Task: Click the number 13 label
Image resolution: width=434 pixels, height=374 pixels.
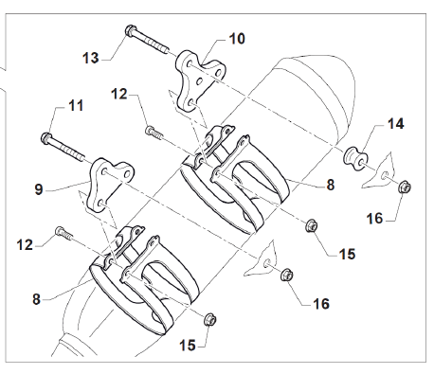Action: click(x=91, y=59)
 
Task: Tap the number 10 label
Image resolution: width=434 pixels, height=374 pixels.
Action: click(x=237, y=39)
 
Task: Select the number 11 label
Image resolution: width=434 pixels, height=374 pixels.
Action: click(x=76, y=106)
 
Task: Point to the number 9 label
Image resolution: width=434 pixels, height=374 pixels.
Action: click(x=39, y=189)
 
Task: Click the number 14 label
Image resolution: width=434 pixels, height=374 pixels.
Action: click(x=395, y=124)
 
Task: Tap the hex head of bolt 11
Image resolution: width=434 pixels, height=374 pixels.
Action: click(x=46, y=138)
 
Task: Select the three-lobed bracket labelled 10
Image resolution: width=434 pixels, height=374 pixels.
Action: click(x=198, y=81)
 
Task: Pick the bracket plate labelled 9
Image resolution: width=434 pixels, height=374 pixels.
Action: click(x=109, y=185)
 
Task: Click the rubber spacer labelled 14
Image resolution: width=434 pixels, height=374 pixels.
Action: click(x=355, y=158)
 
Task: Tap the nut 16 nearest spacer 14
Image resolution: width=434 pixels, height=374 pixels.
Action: click(x=405, y=187)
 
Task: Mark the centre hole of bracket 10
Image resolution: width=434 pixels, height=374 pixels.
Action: click(x=199, y=81)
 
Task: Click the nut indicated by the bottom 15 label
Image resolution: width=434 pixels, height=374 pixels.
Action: click(x=210, y=320)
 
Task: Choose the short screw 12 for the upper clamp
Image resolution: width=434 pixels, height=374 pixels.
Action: click(x=154, y=132)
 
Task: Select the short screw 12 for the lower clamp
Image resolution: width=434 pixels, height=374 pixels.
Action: click(x=64, y=233)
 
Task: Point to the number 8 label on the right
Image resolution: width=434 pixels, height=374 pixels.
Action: click(x=331, y=185)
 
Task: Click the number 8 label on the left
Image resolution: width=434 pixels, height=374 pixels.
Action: click(x=37, y=299)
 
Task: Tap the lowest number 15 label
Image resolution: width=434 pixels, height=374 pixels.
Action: click(x=188, y=346)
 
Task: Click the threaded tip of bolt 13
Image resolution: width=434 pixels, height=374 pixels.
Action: click(x=166, y=50)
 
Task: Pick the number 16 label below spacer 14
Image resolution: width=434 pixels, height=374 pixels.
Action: click(x=374, y=219)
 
